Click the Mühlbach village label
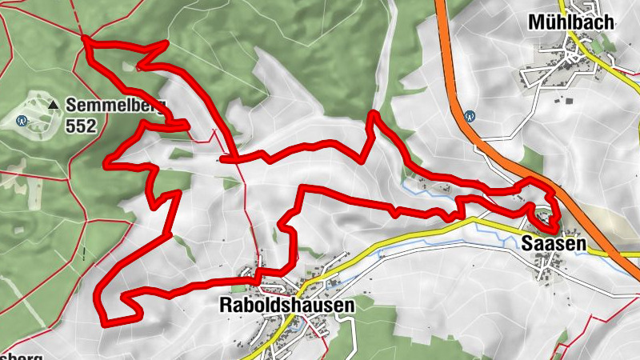pos(570,22)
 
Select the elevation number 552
pos(82,126)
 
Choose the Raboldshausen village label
pos(286,306)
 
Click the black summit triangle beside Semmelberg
pos(54,105)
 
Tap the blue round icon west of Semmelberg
pos(22,122)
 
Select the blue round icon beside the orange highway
pos(470,115)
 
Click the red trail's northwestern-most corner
pos(86,39)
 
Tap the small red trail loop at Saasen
pos(542,214)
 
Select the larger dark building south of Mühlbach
pos(570,101)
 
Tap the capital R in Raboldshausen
pos(225,306)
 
